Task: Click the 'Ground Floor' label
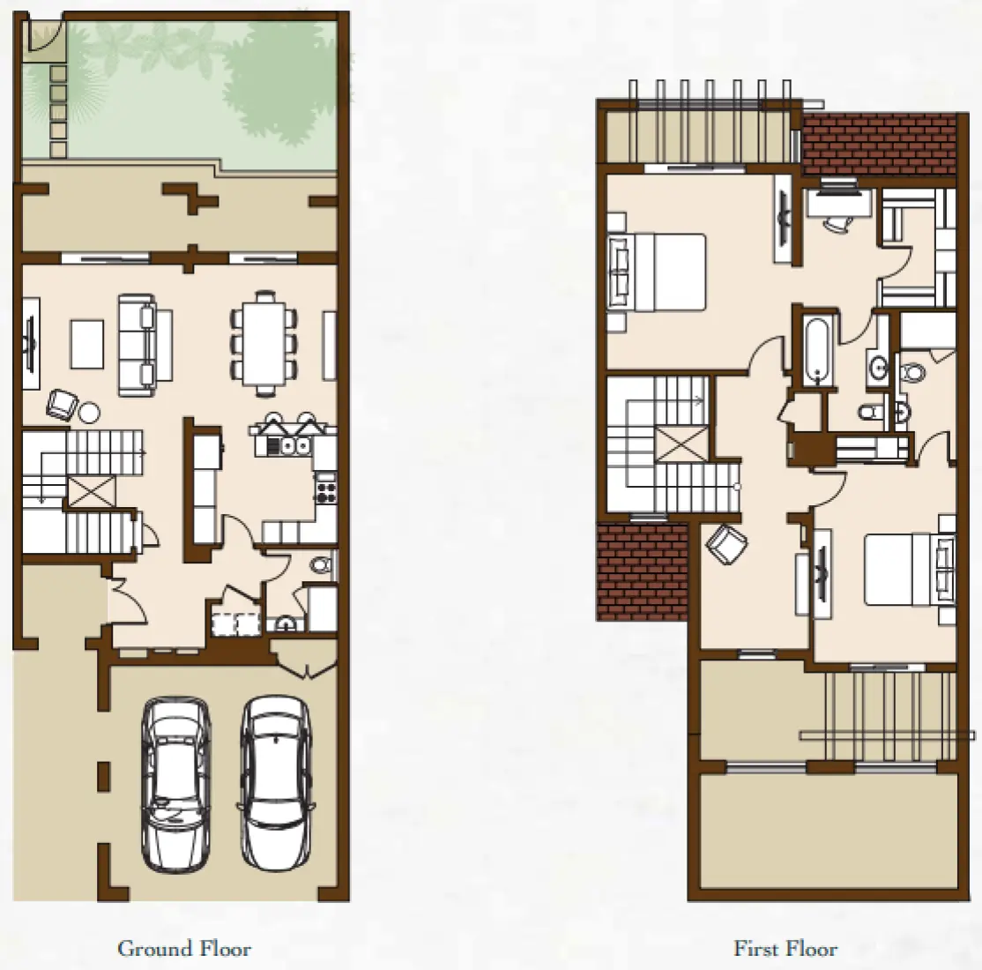[x=183, y=949]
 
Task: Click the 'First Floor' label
[x=785, y=949]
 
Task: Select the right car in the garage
[x=276, y=780]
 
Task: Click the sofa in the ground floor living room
[x=138, y=343]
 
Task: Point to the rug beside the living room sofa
[x=87, y=343]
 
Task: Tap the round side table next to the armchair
[x=89, y=412]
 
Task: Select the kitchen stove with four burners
[x=325, y=488]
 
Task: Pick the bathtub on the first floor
[x=815, y=350]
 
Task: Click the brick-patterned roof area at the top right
[x=879, y=143]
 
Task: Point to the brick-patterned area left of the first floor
[x=642, y=571]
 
